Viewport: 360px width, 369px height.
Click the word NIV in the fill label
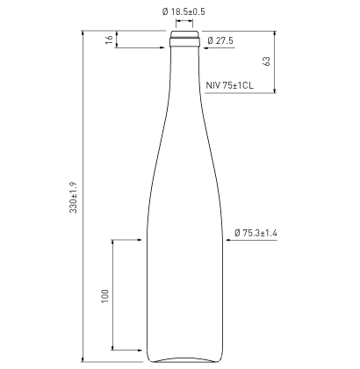pos(212,85)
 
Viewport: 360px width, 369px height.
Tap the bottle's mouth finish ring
pos(184,39)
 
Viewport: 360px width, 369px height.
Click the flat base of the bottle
pos(184,358)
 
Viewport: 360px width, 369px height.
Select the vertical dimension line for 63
pos(276,61)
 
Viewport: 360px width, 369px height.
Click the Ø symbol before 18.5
pos(164,12)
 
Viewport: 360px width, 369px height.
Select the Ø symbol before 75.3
pos(238,233)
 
